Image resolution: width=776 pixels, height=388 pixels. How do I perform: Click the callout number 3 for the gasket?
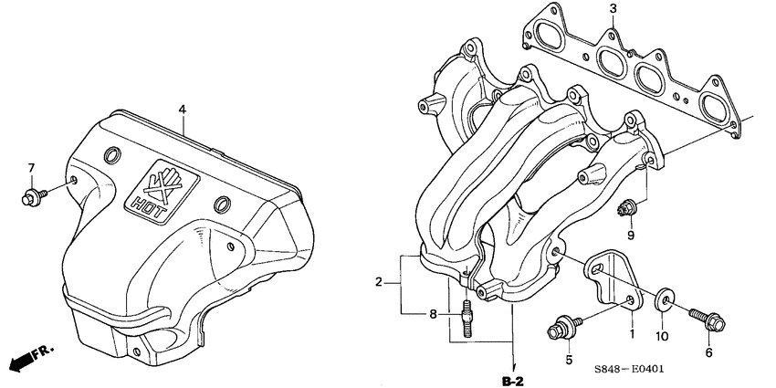613,10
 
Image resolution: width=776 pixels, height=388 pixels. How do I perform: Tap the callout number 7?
30,168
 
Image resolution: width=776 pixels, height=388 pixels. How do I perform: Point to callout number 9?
630,236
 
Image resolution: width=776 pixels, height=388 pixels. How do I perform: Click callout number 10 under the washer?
663,336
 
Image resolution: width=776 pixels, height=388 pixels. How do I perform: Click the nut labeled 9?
625,208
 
